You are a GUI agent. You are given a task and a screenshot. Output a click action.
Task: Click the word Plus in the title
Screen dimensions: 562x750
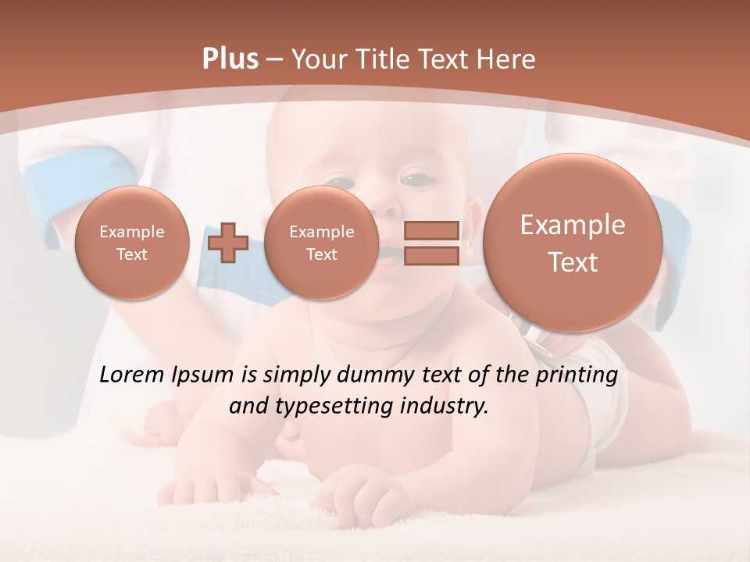point(230,59)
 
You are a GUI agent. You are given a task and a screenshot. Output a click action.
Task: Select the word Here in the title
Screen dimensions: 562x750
point(507,59)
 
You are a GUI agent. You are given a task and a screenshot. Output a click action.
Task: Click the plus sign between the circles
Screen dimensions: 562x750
point(228,244)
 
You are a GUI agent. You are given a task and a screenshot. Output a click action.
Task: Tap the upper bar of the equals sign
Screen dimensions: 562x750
point(430,230)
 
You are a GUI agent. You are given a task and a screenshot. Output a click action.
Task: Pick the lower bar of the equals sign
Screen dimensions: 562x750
point(430,256)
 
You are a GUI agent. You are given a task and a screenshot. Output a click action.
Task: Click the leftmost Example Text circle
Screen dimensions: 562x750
point(132,243)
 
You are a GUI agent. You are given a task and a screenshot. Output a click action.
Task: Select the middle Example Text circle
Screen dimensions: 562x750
point(321,243)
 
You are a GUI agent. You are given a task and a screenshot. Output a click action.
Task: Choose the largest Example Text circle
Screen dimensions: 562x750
point(573,243)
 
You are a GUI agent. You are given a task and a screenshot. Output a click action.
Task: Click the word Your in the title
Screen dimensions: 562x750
point(320,59)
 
